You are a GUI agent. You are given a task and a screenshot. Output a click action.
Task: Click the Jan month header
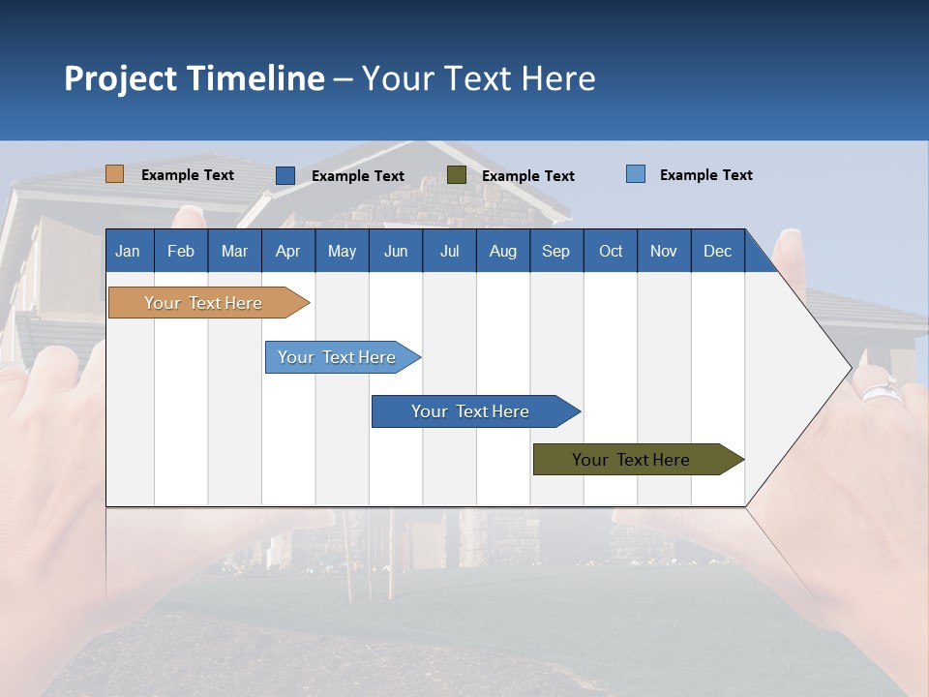point(128,251)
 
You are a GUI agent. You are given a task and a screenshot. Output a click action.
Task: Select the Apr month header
point(287,251)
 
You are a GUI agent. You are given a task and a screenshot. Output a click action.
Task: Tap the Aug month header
point(502,251)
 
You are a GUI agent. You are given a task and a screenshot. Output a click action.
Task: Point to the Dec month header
point(717,251)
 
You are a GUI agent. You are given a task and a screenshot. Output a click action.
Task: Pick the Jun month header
point(395,251)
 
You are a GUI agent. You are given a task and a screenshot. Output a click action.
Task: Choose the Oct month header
point(611,251)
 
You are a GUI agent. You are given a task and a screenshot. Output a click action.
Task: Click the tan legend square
point(114,174)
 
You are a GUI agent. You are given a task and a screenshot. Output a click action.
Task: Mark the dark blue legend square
point(285,175)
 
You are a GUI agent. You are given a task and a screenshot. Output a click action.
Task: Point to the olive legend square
point(457,175)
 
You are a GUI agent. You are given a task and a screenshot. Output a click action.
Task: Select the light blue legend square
point(635,174)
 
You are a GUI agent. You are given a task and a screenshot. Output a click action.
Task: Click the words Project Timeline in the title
point(194,78)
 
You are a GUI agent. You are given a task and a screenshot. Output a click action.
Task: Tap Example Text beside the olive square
point(527,176)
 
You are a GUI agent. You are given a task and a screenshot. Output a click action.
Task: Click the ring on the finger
point(880,393)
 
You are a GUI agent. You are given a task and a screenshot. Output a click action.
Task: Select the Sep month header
point(555,251)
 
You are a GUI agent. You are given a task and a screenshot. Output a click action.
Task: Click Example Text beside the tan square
point(187,175)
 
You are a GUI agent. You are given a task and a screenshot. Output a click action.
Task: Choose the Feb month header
point(181,251)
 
